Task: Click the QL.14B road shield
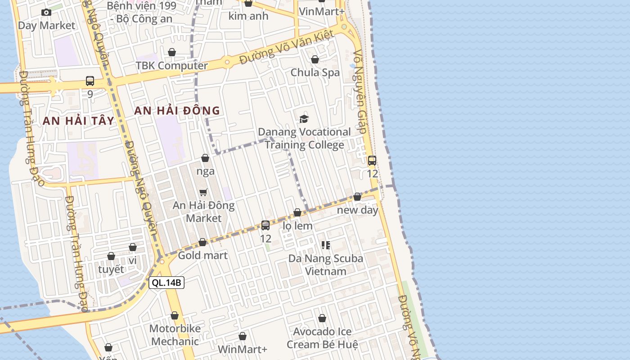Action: coord(166,283)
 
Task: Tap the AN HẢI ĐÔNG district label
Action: coord(177,111)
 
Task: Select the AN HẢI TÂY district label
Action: coord(79,121)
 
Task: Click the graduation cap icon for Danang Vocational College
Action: coord(304,119)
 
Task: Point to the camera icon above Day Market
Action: coord(46,13)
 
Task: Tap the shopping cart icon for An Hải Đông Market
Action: coord(203,192)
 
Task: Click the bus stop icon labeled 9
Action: coord(90,81)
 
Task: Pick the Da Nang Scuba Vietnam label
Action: coord(325,265)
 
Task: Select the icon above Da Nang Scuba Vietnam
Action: coord(326,245)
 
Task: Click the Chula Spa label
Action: coord(315,72)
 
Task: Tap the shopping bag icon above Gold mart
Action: coord(202,242)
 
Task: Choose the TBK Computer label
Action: coord(172,66)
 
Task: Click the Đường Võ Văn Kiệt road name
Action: coord(287,47)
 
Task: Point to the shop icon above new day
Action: coord(357,197)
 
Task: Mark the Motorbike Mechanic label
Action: coord(175,335)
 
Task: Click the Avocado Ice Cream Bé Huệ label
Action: coord(323,338)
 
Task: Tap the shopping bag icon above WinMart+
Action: coord(243,336)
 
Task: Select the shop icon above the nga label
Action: coord(205,158)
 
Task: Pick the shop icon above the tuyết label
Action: coord(111,256)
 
